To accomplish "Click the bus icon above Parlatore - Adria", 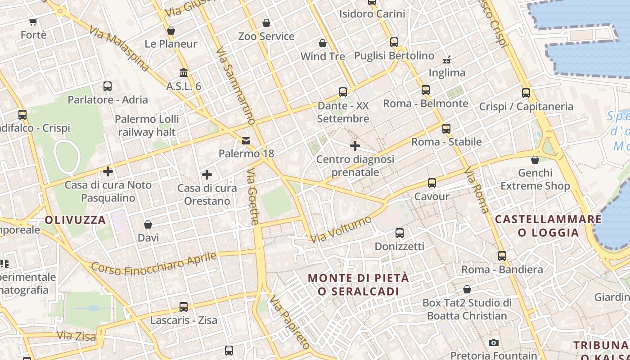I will click(x=108, y=86).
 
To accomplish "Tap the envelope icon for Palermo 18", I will click(x=246, y=141).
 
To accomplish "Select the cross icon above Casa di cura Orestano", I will click(x=207, y=175).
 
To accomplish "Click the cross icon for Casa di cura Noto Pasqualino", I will click(x=108, y=171).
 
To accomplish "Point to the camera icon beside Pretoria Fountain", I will click(x=494, y=342).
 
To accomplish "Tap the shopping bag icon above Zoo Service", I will click(x=266, y=23).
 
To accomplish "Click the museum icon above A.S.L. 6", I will click(x=184, y=72).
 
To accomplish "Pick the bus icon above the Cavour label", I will click(x=432, y=183).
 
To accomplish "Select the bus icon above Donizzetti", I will click(x=400, y=233).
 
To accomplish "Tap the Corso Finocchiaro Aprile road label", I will click(x=154, y=263).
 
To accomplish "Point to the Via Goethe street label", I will click(x=253, y=196).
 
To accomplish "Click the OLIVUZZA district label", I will click(x=75, y=220).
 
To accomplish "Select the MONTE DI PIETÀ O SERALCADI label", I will click(x=359, y=284).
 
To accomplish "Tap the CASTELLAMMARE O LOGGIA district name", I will click(x=548, y=226).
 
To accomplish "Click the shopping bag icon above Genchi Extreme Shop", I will click(x=535, y=160).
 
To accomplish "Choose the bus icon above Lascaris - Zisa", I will click(x=184, y=307).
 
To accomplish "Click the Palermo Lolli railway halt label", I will click(x=147, y=126).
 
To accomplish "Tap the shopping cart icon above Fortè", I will click(x=33, y=22).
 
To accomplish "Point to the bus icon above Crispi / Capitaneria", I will click(x=526, y=93).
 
